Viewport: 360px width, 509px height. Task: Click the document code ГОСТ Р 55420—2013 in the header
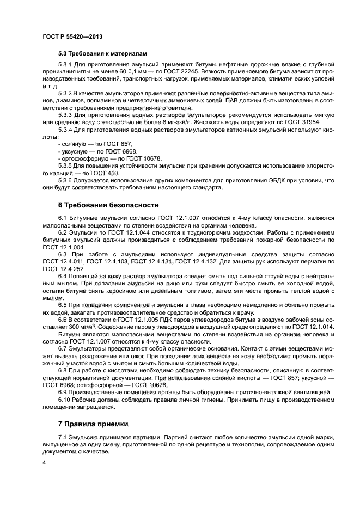(72, 36)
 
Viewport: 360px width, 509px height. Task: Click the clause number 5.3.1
(65, 64)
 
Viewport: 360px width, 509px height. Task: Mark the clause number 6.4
(63, 277)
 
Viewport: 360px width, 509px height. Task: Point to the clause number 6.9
(63, 392)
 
